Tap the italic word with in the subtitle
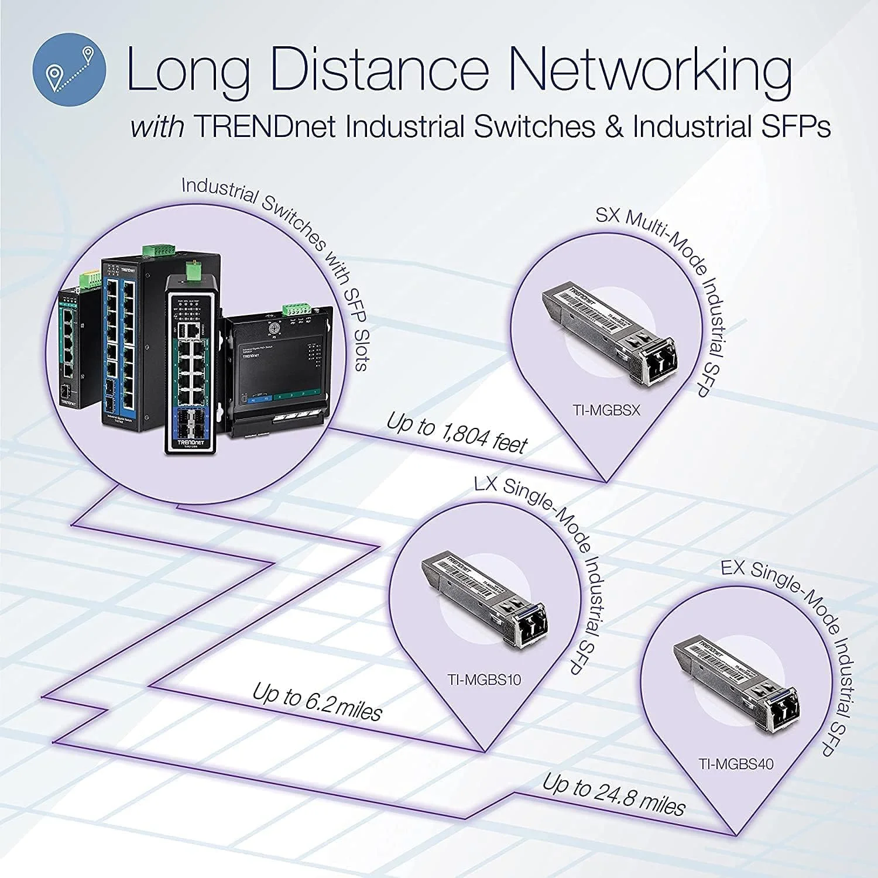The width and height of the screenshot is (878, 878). coord(157,127)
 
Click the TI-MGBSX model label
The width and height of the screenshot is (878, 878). coord(607,410)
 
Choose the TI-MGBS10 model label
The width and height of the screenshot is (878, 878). coord(484,680)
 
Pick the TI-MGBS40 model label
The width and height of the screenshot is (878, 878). coord(736,764)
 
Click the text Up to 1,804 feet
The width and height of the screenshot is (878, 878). coord(457,434)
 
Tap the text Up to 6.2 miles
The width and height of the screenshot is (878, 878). coord(317,702)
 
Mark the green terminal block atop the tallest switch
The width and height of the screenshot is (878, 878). coord(158,249)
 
